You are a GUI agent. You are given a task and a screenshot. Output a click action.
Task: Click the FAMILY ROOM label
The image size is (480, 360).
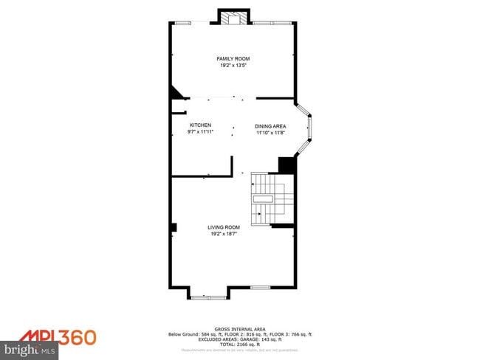pyautogui.click(x=233, y=58)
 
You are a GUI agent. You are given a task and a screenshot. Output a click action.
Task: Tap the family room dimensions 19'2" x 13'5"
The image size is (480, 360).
pyautogui.click(x=233, y=66)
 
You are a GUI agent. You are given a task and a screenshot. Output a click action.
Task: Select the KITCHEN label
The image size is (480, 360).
pyautogui.click(x=200, y=125)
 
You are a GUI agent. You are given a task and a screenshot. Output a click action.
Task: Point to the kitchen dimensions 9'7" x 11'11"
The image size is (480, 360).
pyautogui.click(x=200, y=132)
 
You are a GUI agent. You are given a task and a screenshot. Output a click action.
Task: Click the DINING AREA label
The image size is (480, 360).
pyautogui.click(x=270, y=126)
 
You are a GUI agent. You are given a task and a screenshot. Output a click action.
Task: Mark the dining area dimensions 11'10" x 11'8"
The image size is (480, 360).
pyautogui.click(x=270, y=133)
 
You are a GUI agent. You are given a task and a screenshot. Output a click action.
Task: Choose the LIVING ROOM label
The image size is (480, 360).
pyautogui.click(x=224, y=227)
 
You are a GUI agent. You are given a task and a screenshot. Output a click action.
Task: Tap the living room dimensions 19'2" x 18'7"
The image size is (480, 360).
pyautogui.click(x=224, y=234)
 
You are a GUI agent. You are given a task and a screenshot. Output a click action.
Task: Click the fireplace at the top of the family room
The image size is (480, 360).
pyautogui.click(x=234, y=18)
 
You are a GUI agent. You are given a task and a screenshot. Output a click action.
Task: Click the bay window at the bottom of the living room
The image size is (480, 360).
pyautogui.click(x=208, y=297)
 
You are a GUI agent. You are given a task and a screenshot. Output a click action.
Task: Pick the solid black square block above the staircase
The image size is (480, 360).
pyautogui.click(x=287, y=165)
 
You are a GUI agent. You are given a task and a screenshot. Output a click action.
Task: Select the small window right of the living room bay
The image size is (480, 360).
pyautogui.click(x=260, y=287)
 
